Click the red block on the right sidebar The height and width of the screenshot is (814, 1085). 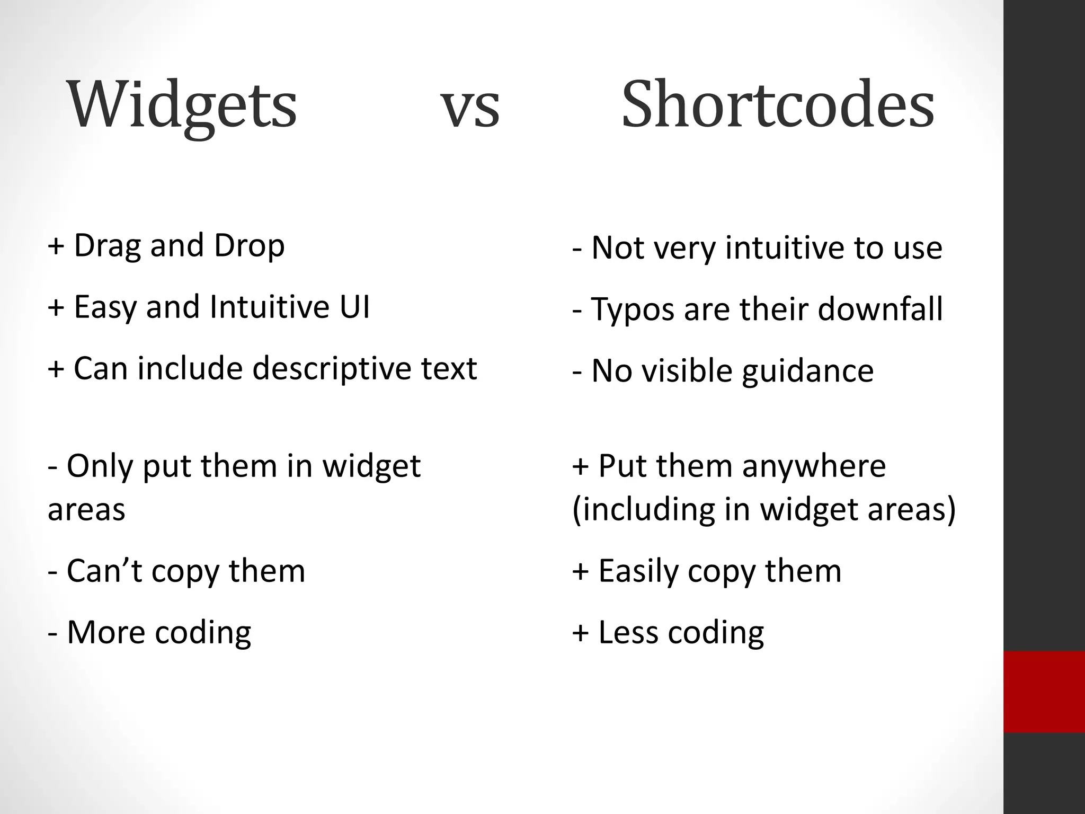pos(1044,692)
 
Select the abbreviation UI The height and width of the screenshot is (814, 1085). pos(355,307)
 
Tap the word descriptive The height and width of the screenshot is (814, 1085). pos(333,368)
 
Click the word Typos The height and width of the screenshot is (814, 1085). pos(633,310)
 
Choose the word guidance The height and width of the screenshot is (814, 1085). pos(807,371)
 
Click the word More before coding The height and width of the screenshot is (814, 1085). pos(105,632)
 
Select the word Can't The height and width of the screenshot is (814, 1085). pos(104,571)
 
